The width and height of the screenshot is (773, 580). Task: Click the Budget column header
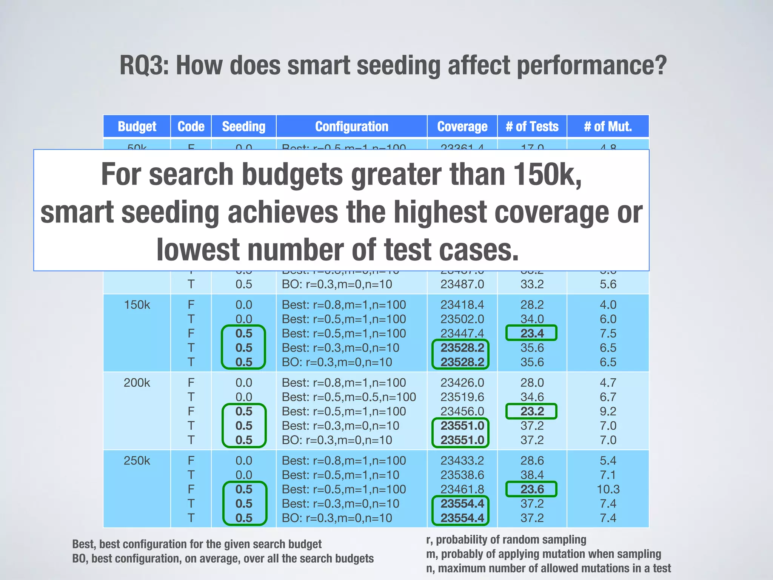click(x=137, y=126)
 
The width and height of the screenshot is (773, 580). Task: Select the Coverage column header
click(x=462, y=126)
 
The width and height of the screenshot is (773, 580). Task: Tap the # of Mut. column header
click(x=608, y=126)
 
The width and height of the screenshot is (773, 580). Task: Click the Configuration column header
click(x=351, y=126)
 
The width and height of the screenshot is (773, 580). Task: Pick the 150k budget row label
click(x=137, y=305)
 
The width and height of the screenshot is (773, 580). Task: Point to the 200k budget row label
click(x=137, y=383)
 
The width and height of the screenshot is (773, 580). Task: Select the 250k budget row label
click(x=137, y=461)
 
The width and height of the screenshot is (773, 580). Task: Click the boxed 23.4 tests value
click(x=531, y=333)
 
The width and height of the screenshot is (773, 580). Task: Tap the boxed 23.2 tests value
click(x=531, y=411)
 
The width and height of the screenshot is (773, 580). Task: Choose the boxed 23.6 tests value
click(x=531, y=489)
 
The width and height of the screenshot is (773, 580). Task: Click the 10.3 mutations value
click(x=608, y=489)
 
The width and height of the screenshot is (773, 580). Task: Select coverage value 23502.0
click(x=462, y=319)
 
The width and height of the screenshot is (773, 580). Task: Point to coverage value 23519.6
click(x=462, y=397)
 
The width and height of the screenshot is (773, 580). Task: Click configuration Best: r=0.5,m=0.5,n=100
click(x=349, y=397)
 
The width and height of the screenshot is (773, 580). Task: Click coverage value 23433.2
click(x=462, y=461)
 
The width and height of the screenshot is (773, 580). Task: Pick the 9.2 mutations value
click(x=608, y=411)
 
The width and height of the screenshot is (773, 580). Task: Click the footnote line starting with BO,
click(x=223, y=558)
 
